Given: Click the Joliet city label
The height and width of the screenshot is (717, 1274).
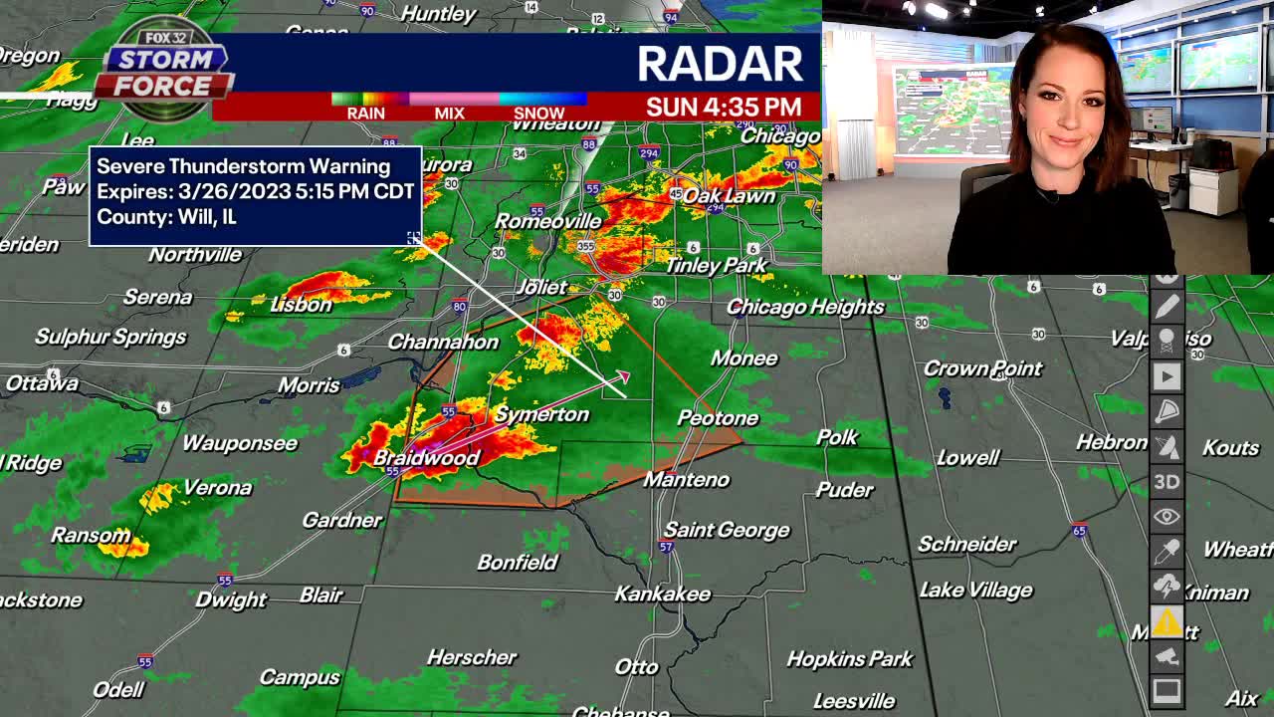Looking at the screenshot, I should [x=541, y=287].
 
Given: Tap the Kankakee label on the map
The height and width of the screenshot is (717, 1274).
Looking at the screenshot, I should [x=663, y=594].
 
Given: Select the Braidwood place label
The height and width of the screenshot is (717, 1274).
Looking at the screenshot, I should [x=426, y=458].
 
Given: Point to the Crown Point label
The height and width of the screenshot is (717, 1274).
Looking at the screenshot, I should [x=982, y=368].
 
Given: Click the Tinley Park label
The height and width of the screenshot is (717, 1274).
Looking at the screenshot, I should [x=716, y=265].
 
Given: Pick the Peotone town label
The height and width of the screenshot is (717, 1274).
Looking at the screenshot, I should [x=718, y=418].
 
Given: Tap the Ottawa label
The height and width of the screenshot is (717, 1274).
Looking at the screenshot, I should [x=42, y=383].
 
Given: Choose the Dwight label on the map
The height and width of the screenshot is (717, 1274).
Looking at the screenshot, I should [x=230, y=599].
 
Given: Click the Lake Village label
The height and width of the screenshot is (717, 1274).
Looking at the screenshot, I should [x=975, y=590].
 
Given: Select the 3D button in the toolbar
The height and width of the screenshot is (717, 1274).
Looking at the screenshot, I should [x=1167, y=482].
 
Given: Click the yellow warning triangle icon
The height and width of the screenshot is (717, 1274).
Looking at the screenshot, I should [x=1167, y=622].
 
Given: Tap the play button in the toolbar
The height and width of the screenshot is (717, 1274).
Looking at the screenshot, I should [x=1167, y=376].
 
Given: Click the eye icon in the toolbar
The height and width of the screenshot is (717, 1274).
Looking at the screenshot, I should [x=1167, y=517].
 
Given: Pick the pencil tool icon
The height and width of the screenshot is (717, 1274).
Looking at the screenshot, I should [x=1167, y=307].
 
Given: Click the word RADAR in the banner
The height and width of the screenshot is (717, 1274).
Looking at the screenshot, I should [x=720, y=64].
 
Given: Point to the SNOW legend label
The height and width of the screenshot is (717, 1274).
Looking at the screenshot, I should [x=538, y=113].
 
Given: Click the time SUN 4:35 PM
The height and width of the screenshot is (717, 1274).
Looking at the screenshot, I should [x=724, y=107].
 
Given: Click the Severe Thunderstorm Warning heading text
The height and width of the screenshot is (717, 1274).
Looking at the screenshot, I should [x=243, y=166].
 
